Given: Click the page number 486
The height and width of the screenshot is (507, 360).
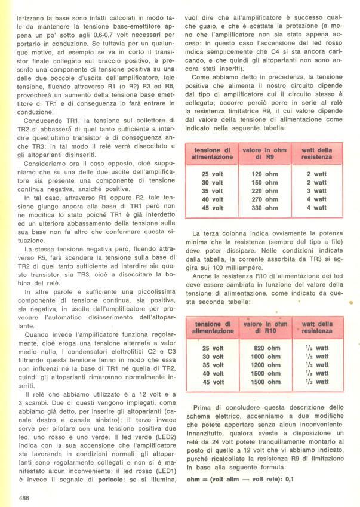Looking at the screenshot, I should tap(24, 497).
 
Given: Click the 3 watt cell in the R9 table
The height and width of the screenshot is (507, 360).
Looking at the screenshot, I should tap(317, 190).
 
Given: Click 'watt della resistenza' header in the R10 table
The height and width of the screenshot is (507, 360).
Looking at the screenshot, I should tap(317, 326).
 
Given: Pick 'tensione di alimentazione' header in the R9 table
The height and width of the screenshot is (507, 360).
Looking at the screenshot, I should tap(208, 152).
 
